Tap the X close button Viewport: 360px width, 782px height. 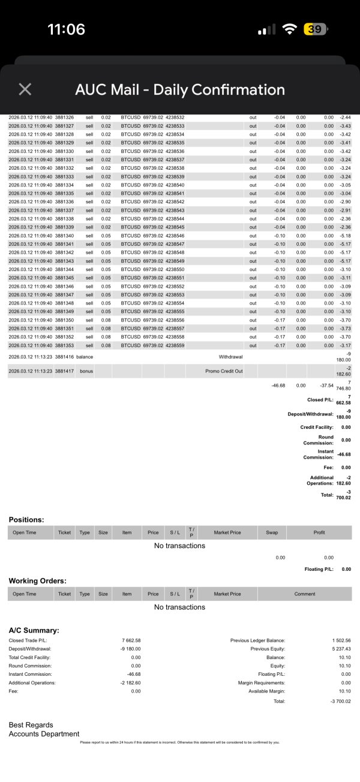click(25, 89)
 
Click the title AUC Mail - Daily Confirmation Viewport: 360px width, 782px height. click(180, 89)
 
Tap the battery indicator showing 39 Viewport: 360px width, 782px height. click(315, 29)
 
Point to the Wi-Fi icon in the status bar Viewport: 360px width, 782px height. click(290, 29)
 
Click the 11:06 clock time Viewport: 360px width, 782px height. click(66, 29)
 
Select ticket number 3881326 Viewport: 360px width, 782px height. click(64, 118)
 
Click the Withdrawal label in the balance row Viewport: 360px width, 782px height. click(230, 357)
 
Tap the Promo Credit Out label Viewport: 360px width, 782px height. click(223, 371)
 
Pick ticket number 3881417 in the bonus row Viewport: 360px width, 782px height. click(64, 371)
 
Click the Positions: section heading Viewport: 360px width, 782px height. click(26, 519)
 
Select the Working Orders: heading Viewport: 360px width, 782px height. click(37, 581)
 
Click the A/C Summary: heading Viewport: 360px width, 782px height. click(34, 630)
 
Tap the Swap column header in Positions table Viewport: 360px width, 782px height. click(272, 532)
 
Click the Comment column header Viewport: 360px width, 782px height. click(304, 594)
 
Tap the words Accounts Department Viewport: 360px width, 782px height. click(44, 734)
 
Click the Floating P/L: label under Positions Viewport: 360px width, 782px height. click(319, 569)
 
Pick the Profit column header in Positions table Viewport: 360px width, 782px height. click(319, 532)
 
